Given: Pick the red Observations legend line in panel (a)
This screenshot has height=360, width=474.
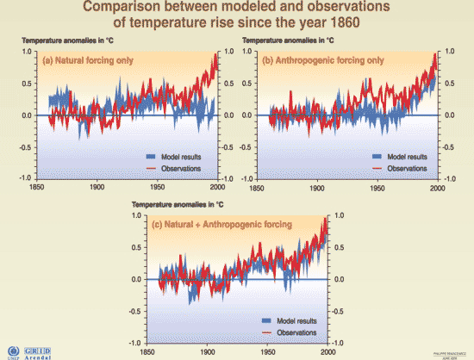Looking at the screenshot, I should pos(152,168).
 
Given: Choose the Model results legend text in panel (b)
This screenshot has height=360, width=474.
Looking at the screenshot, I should pos(409,158).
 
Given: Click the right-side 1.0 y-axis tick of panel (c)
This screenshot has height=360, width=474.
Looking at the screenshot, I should pos(339,216).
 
